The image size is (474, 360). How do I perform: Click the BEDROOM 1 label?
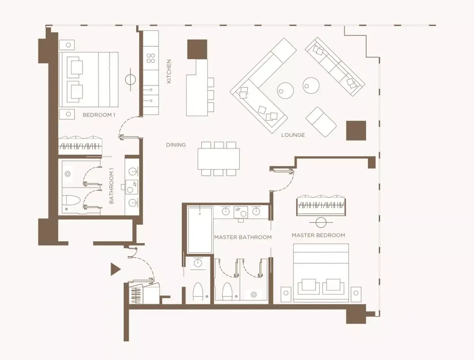point(99,115)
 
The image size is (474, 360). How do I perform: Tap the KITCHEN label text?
point(169,71)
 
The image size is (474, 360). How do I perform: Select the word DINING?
point(176,145)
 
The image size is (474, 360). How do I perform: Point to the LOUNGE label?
point(293,135)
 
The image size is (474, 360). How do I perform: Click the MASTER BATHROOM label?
point(243,237)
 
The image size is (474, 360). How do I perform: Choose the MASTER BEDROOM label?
point(318,235)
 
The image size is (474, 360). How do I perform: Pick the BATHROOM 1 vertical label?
point(111,186)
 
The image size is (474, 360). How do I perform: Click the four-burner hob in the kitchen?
point(151,58)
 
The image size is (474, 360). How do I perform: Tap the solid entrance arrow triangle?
point(115,269)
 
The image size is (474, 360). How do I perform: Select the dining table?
point(219,159)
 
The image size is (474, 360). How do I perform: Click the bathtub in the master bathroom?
point(200,230)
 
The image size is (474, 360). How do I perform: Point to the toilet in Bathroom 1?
point(71,200)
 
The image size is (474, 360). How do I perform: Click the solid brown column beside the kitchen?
point(197,49)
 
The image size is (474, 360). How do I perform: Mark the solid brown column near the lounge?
point(356,130)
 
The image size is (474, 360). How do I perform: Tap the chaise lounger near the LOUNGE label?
point(321,122)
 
